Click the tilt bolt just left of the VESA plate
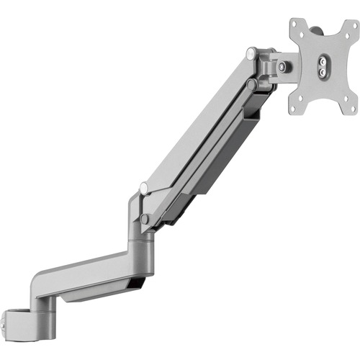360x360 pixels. (x=282, y=66)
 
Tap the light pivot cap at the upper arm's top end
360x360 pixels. (x=250, y=53)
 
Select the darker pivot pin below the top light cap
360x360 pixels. (x=251, y=84)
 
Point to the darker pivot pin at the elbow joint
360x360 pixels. (x=146, y=218)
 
